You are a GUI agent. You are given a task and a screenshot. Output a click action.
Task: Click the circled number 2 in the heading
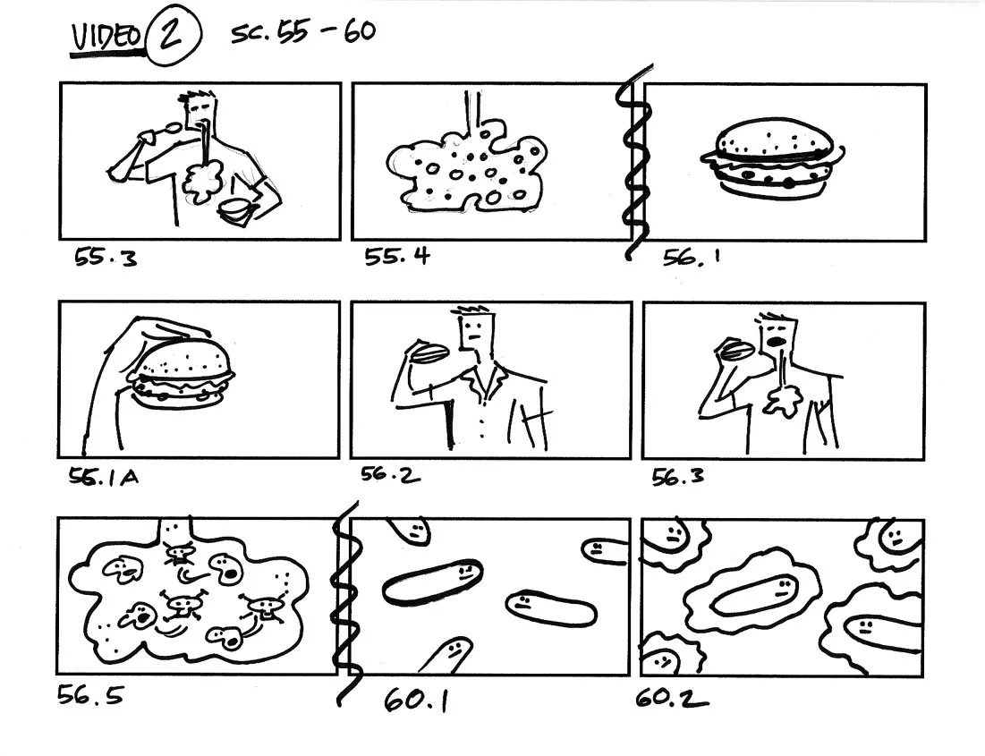pos(172,38)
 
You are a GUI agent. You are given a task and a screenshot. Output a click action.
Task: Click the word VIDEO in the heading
pos(106,38)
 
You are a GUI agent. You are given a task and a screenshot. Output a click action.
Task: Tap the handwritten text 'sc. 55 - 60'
pos(303,33)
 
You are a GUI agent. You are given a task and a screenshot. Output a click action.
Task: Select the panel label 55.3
pos(105,259)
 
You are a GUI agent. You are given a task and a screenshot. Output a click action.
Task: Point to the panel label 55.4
pos(397,257)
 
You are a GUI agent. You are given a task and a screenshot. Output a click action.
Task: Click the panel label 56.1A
pos(104,477)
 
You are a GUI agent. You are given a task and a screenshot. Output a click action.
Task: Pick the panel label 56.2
pos(390,474)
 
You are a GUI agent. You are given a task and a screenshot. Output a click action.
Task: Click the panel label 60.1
pos(416,701)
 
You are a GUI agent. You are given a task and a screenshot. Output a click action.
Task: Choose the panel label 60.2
pos(671,697)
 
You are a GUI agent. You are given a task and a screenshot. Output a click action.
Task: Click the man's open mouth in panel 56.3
pos(776,341)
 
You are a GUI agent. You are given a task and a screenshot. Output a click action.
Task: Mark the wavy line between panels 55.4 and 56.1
pos(637,161)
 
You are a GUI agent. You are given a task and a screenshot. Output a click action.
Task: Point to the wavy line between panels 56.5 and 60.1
pos(343,595)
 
